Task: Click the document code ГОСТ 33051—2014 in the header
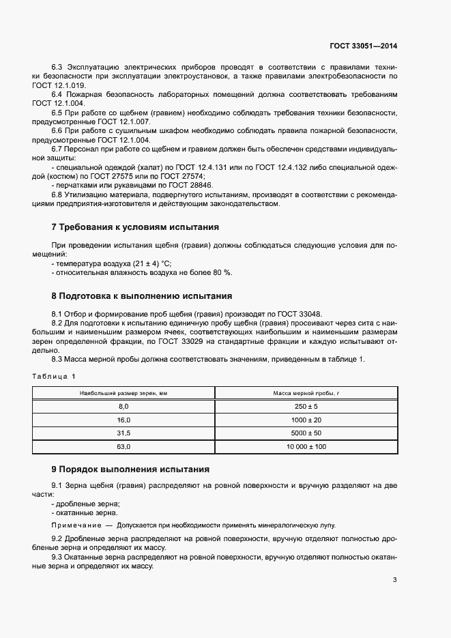point(363,46)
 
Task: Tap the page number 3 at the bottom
point(395,581)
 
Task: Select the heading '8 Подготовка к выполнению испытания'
point(142,296)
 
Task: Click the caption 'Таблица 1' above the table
point(54,377)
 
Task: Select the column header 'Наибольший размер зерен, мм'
point(123,393)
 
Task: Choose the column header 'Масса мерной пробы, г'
point(306,393)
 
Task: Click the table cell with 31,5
point(123,433)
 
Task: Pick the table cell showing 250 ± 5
point(306,406)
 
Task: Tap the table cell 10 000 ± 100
point(306,447)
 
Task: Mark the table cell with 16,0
point(123,420)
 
